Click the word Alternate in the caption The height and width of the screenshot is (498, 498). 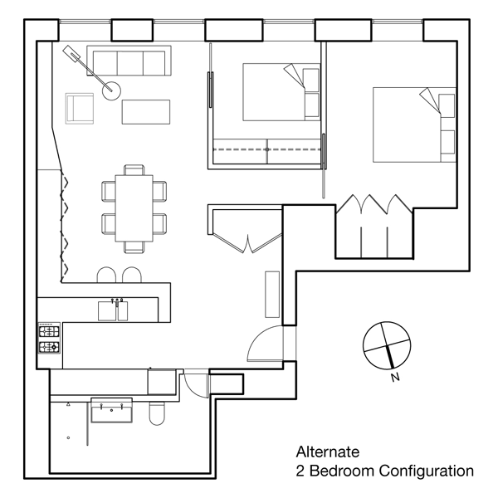327,452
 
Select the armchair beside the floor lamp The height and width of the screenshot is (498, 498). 80,108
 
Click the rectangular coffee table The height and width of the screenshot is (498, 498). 146,111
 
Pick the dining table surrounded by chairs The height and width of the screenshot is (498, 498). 133,207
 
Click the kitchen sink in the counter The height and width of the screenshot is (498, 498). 113,310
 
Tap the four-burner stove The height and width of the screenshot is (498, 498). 49,338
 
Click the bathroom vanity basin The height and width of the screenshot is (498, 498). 110,410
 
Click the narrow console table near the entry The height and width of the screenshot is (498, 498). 272,293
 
